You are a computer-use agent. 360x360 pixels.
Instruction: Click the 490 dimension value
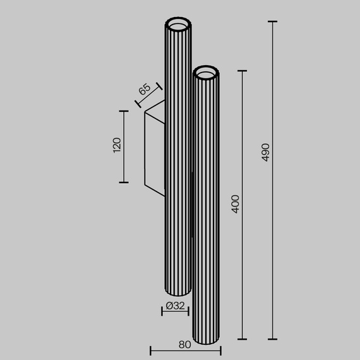tap(266, 152)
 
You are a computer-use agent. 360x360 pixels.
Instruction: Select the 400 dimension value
tap(236, 203)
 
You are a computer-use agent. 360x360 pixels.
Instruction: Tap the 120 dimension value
tap(116, 146)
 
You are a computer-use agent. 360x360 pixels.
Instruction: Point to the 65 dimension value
tap(144, 89)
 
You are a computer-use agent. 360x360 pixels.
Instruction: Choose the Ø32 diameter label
tap(175, 306)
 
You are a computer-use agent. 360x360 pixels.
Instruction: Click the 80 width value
tap(184, 345)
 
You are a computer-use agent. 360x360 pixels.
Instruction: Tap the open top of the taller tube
tap(177, 25)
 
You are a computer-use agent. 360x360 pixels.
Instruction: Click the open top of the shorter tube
tap(207, 74)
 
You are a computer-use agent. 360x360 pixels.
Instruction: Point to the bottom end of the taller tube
tap(177, 293)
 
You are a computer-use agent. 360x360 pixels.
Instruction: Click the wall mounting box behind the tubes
tap(154, 148)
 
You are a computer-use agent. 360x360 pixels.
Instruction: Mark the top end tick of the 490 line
tap(273, 21)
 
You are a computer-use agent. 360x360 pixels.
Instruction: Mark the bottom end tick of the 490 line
tap(273, 339)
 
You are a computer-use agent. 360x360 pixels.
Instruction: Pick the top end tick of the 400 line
tap(243, 71)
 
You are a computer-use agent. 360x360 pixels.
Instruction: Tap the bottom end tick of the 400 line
tap(243, 339)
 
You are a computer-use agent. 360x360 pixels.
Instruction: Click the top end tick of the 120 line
tap(124, 111)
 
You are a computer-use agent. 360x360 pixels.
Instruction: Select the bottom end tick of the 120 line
tap(124, 182)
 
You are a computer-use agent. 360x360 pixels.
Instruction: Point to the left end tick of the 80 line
tap(150, 349)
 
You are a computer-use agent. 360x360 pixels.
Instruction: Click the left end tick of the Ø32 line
tap(162, 311)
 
